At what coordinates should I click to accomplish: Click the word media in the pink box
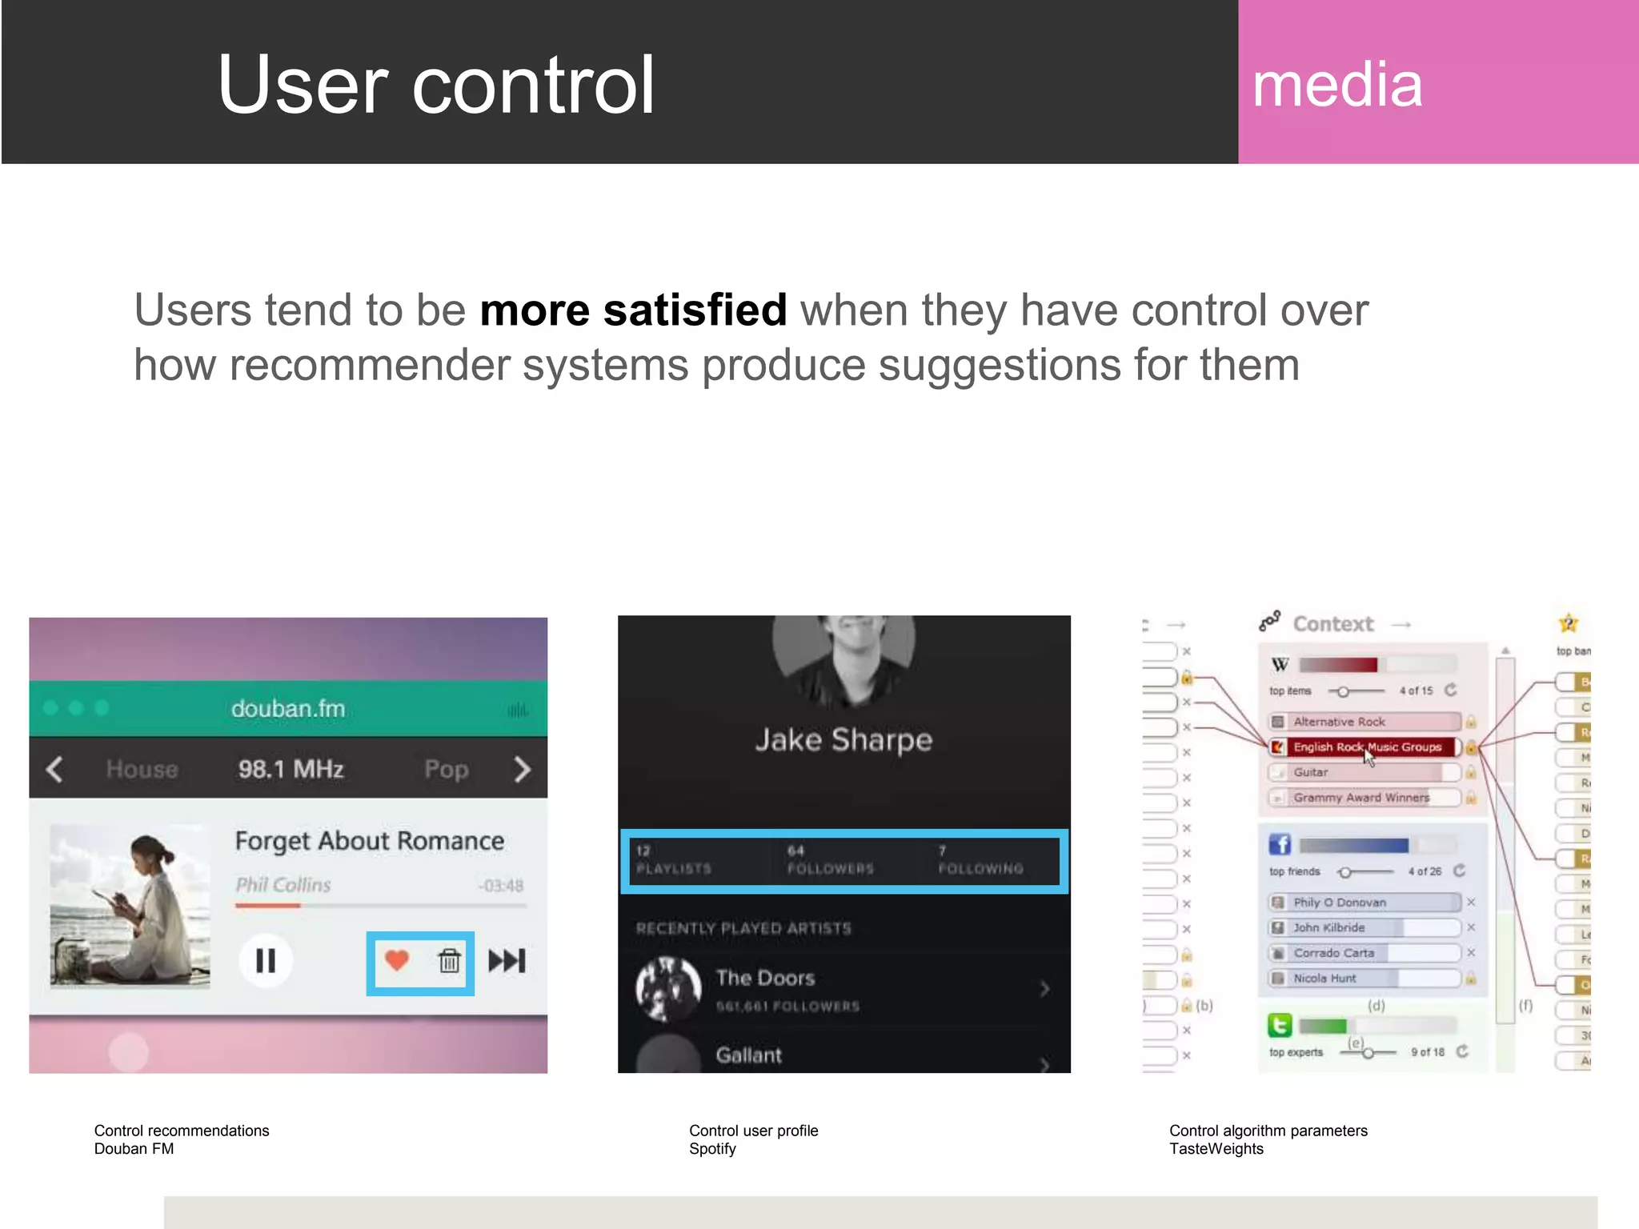pos(1336,85)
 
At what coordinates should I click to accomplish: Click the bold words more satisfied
pos(633,310)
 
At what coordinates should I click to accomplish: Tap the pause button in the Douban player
pos(266,960)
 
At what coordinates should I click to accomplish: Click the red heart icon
pos(397,959)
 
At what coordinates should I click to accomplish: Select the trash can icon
pos(449,960)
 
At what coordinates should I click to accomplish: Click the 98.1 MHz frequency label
pos(291,769)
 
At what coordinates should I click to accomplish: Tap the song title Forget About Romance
pos(369,841)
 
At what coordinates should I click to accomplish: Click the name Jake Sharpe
pos(844,740)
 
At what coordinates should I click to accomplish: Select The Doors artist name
pos(765,978)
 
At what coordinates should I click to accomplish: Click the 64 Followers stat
pos(830,860)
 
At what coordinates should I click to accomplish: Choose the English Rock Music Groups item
pos(1366,747)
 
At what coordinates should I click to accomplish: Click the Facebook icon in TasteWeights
pos(1280,844)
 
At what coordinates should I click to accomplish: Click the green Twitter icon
pos(1280,1025)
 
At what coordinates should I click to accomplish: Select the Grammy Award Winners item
pos(1361,798)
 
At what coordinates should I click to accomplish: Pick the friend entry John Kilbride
pos(1328,927)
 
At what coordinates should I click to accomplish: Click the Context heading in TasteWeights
pos(1332,624)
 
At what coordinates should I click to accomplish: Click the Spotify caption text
pos(712,1149)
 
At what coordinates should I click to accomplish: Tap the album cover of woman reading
pos(130,905)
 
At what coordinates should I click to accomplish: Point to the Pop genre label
pos(446,770)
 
